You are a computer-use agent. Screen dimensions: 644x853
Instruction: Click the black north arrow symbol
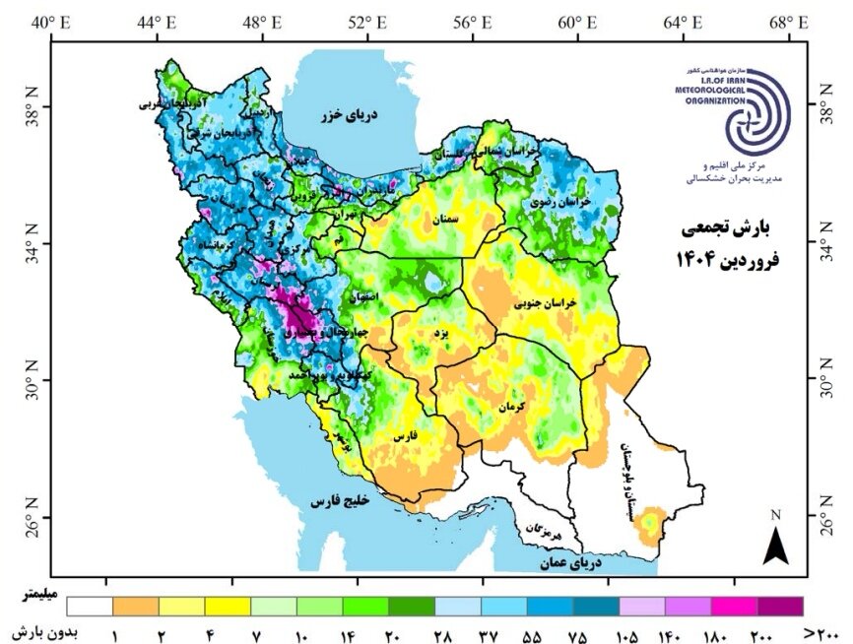click(x=776, y=545)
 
